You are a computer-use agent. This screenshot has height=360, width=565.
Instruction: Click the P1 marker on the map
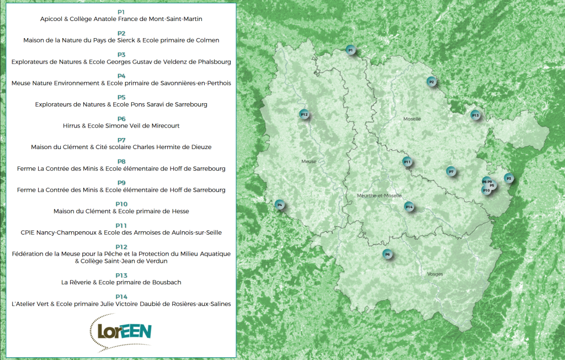(349, 50)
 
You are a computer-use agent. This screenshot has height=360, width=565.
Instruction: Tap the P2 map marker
(431, 82)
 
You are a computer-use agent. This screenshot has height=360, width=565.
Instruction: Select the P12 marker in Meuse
(303, 114)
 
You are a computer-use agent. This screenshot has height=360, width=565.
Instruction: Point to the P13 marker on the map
(475, 115)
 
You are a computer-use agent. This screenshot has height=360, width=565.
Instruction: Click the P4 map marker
(280, 205)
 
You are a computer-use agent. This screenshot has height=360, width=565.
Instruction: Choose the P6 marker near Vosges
(387, 254)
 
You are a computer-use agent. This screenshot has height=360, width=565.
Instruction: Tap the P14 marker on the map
(409, 207)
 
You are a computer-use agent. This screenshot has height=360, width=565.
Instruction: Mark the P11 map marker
(407, 162)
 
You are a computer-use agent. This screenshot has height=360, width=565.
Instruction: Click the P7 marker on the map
(451, 171)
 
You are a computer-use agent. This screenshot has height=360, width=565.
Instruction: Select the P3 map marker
(509, 178)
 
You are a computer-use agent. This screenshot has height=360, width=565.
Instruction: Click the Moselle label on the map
(412, 119)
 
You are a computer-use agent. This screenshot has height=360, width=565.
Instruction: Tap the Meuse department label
(308, 161)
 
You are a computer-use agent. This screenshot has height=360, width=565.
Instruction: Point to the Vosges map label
(435, 274)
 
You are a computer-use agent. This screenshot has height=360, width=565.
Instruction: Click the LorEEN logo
(120, 331)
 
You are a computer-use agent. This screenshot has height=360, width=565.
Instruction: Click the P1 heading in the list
(121, 12)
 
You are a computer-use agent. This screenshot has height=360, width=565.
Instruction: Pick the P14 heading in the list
(121, 297)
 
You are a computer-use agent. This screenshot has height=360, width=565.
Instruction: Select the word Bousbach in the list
(164, 282)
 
